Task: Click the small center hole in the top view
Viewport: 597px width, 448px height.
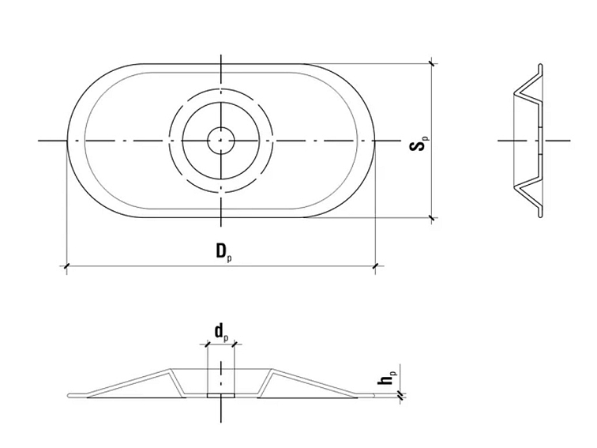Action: pyautogui.click(x=221, y=141)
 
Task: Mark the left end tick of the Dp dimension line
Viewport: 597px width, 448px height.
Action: pyautogui.click(x=66, y=269)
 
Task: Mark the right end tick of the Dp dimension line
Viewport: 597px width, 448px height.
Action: pyautogui.click(x=374, y=269)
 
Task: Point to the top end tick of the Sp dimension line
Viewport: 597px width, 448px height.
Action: pyautogui.click(x=430, y=63)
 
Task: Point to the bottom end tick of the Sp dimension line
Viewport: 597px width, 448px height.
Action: pyautogui.click(x=430, y=217)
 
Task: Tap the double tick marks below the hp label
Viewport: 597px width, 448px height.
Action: pyautogui.click(x=402, y=395)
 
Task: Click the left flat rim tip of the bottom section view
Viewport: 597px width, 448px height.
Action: pyautogui.click(x=69, y=397)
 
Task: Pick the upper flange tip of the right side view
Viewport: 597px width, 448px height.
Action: pyautogui.click(x=540, y=66)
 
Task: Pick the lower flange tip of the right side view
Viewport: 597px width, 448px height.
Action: pyautogui.click(x=540, y=215)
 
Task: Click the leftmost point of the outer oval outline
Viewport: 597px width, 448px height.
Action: pyautogui.click(x=66, y=141)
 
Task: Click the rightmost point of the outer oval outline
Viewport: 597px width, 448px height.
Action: pyautogui.click(x=375, y=141)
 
